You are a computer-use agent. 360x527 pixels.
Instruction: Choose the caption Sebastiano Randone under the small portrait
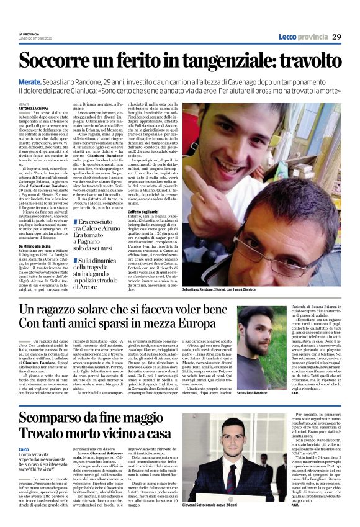253,377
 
